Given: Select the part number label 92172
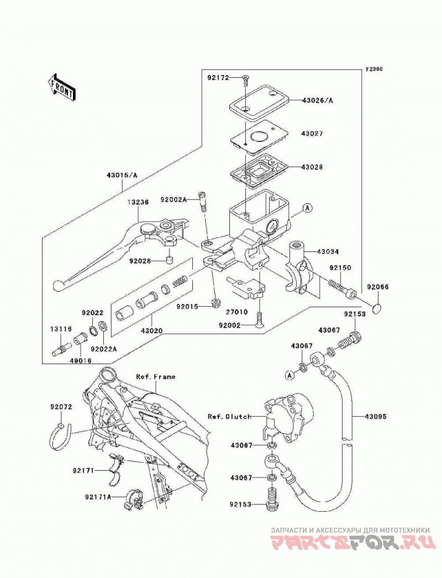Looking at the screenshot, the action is pos(218,78).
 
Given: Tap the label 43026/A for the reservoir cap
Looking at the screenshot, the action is pos(317,100).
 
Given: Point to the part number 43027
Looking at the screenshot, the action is pos(312,133).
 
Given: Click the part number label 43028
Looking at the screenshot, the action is pos(312,167).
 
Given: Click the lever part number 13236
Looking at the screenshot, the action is pos(139,202).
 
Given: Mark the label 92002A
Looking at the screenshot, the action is pos(173,199).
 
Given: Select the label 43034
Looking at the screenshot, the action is pos(328,252).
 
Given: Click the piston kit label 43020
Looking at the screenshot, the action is pos(151,331).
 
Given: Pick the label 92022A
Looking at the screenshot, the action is pos(104,348).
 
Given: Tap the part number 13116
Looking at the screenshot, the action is pos(61,329).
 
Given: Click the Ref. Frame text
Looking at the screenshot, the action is pos(156,377).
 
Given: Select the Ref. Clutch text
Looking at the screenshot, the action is pos(230,417).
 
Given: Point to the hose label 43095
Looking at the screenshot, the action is pos(376,417).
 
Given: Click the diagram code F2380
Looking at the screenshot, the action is pos(374,69).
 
